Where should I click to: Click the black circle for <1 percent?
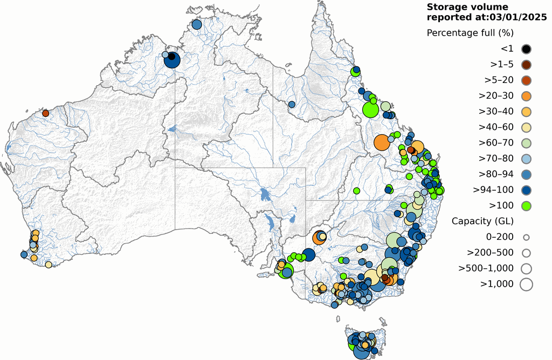526,49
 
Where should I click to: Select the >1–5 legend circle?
526,65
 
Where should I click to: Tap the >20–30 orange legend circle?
526,96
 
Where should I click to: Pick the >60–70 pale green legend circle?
526,143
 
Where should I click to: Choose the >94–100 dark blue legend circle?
526,190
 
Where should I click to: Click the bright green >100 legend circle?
526,205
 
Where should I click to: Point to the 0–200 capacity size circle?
526,237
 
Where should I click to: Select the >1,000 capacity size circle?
526,283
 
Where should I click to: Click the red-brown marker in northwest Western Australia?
46,113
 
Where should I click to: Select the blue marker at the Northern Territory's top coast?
196,24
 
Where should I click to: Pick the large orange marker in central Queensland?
382,143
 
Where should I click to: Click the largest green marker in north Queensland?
370,110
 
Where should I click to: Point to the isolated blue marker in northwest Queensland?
292,104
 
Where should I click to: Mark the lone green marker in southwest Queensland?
356,190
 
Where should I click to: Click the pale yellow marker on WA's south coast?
49,265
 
